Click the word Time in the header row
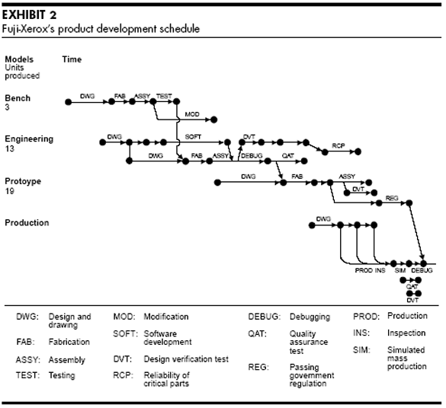tap(72, 59)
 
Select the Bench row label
tap(18, 99)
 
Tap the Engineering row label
tap(29, 139)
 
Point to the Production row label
tap(27, 223)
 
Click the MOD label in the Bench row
tap(192, 114)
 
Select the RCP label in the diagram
tap(338, 145)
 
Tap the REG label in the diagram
tap(392, 198)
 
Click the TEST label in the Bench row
tap(163, 96)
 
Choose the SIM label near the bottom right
tap(399, 271)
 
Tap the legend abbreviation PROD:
tap(366, 316)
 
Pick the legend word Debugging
tap(310, 316)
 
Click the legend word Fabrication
tap(68, 343)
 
